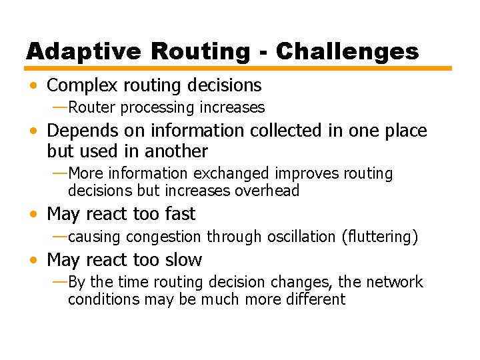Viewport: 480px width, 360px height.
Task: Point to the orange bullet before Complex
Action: (x=33, y=86)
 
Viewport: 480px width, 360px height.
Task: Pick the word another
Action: (x=176, y=151)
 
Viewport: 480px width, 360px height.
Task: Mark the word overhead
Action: (x=269, y=191)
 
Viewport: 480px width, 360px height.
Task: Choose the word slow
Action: (x=182, y=260)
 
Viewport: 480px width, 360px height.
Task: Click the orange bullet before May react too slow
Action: (x=33, y=261)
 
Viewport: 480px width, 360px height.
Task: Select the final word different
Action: (x=313, y=299)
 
